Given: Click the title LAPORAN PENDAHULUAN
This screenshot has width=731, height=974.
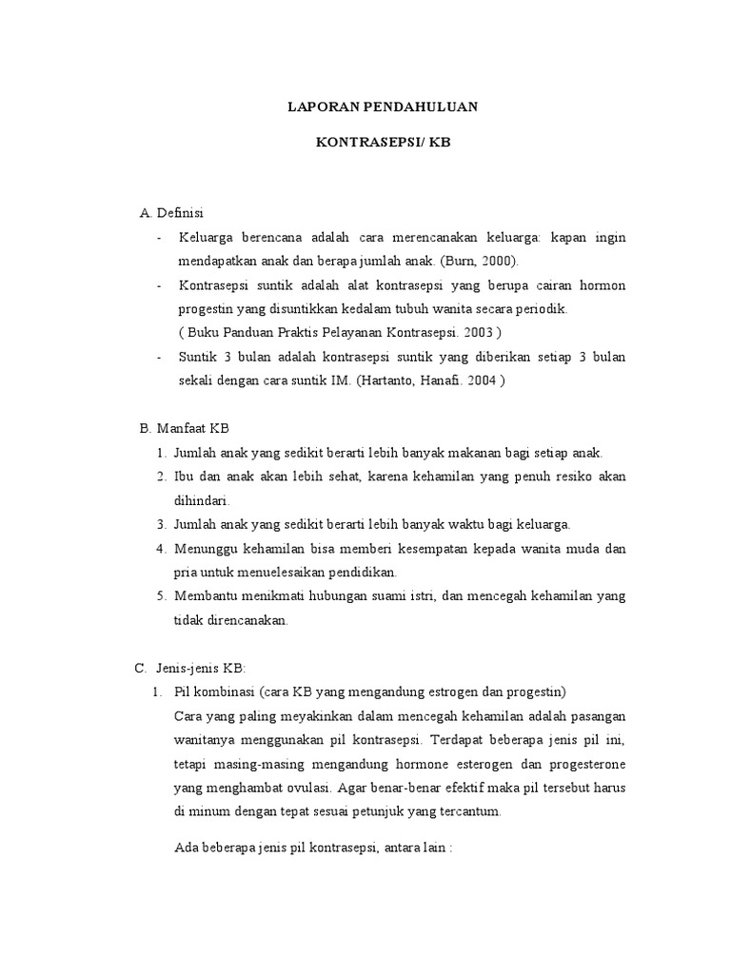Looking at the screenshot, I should (383, 108).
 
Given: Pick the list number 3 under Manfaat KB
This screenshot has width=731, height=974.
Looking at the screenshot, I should (161, 524).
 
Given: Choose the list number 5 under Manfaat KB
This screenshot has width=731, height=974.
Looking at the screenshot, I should (161, 595).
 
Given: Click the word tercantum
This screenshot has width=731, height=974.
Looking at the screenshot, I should (468, 811).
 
